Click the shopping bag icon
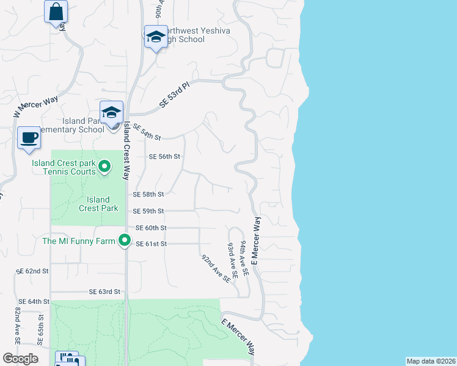[56, 12]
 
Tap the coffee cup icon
[29, 137]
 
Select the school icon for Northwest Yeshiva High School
[156, 37]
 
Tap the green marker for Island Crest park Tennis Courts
[104, 166]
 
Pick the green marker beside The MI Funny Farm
[125, 241]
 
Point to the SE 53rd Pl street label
[175, 93]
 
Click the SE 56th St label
[165, 156]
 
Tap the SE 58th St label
[148, 194]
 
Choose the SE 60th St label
[151, 228]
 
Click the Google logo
[20, 358]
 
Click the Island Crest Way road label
[127, 149]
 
